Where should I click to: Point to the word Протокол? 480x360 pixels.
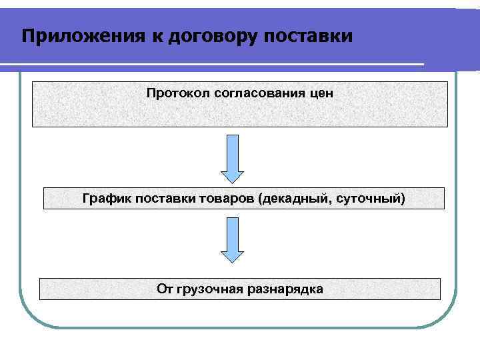tap(179, 93)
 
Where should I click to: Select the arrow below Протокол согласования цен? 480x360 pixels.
tap(233, 157)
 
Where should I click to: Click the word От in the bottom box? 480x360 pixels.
tap(165, 289)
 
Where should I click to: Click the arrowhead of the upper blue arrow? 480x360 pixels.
tap(233, 175)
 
